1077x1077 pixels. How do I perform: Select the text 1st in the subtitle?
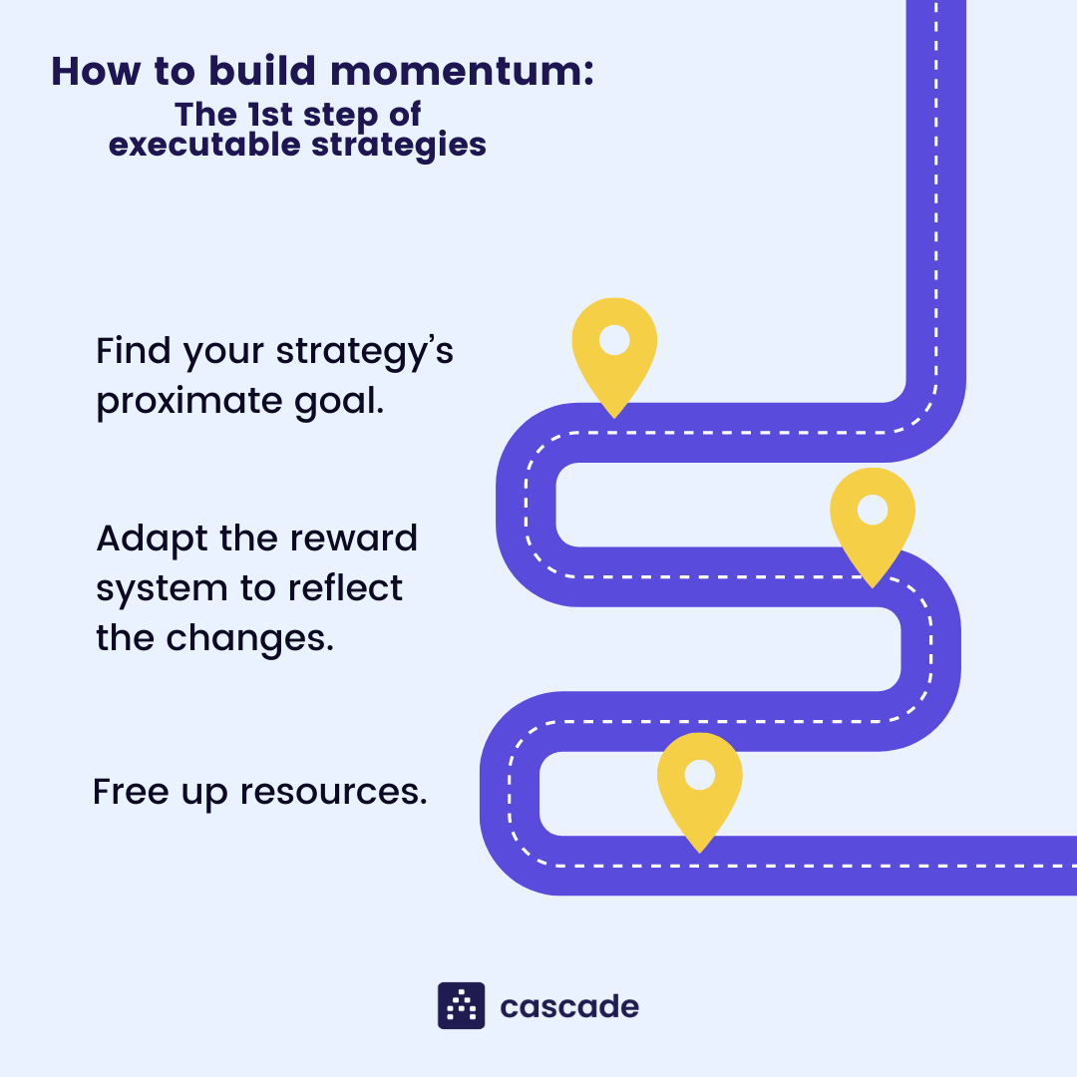(x=267, y=114)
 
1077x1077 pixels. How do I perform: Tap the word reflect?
(x=345, y=588)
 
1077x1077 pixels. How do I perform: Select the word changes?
(x=249, y=638)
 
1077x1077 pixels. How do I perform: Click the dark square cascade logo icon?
(x=462, y=1005)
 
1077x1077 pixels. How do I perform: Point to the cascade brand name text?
(x=569, y=1006)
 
